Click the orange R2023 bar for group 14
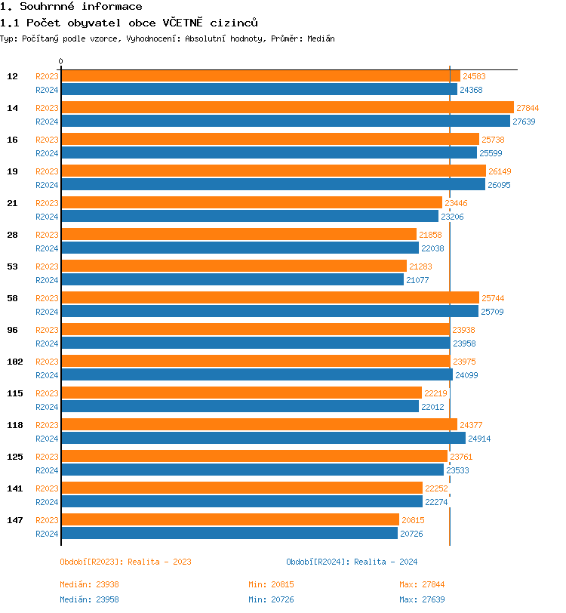coord(287,108)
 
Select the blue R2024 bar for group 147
coord(229,534)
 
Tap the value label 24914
coord(480,439)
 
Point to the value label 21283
coord(421,266)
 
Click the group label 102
coord(14,362)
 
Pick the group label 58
coord(13,298)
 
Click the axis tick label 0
coord(61,61)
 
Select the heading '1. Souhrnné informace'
coord(71,7)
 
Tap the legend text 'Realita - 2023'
coord(159,562)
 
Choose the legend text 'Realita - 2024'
coord(386,562)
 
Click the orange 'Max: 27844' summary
coord(422,584)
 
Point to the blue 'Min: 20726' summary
coord(271,599)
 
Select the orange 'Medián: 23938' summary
coord(89,584)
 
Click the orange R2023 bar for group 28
coord(238,235)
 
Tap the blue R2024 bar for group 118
coord(263,439)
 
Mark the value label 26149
coord(500,171)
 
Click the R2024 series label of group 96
coord(47,343)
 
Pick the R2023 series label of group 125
coord(47,457)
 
